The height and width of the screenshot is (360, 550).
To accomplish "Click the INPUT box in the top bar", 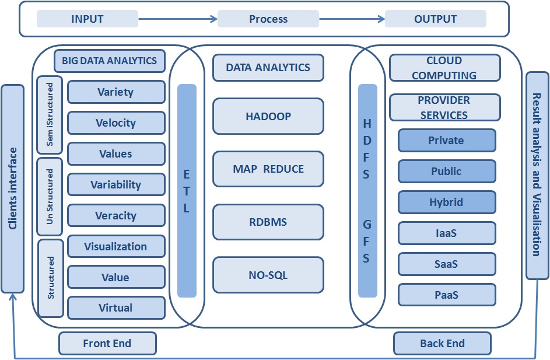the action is click(x=87, y=19).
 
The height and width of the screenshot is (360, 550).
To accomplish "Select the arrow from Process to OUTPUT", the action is click(x=352, y=19).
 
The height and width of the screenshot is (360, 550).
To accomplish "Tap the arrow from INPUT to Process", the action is click(x=178, y=19).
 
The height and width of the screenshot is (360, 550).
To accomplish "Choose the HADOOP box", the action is click(x=268, y=116).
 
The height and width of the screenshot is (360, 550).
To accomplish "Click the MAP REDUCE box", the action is click(x=268, y=169).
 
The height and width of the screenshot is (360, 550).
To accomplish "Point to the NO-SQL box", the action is click(x=268, y=275).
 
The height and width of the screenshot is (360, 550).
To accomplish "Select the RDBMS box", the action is click(x=268, y=222).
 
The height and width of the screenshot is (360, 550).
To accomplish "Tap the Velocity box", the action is click(x=116, y=123).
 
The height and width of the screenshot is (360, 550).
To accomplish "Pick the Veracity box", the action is click(x=116, y=215).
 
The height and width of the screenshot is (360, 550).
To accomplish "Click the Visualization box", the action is click(x=116, y=246).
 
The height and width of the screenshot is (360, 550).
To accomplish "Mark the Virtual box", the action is click(x=116, y=308).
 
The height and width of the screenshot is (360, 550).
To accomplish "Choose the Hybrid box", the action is click(x=447, y=202).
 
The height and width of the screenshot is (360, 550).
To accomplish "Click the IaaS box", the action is click(x=447, y=233).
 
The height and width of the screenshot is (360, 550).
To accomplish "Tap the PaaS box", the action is click(x=447, y=295).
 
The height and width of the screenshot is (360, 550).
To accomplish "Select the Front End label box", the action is click(x=107, y=343).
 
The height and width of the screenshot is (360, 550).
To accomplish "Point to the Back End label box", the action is click(x=442, y=343).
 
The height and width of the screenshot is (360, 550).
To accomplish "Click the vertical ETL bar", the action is click(x=187, y=191).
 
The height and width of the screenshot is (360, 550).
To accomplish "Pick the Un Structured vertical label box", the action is click(x=50, y=197).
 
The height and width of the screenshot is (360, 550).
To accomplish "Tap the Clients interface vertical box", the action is click(x=13, y=189).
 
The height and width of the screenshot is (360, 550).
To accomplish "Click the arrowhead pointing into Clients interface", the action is click(x=13, y=297).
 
